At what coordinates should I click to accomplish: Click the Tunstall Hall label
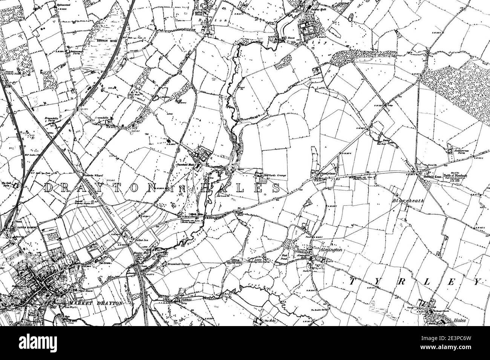tap(184, 165)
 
